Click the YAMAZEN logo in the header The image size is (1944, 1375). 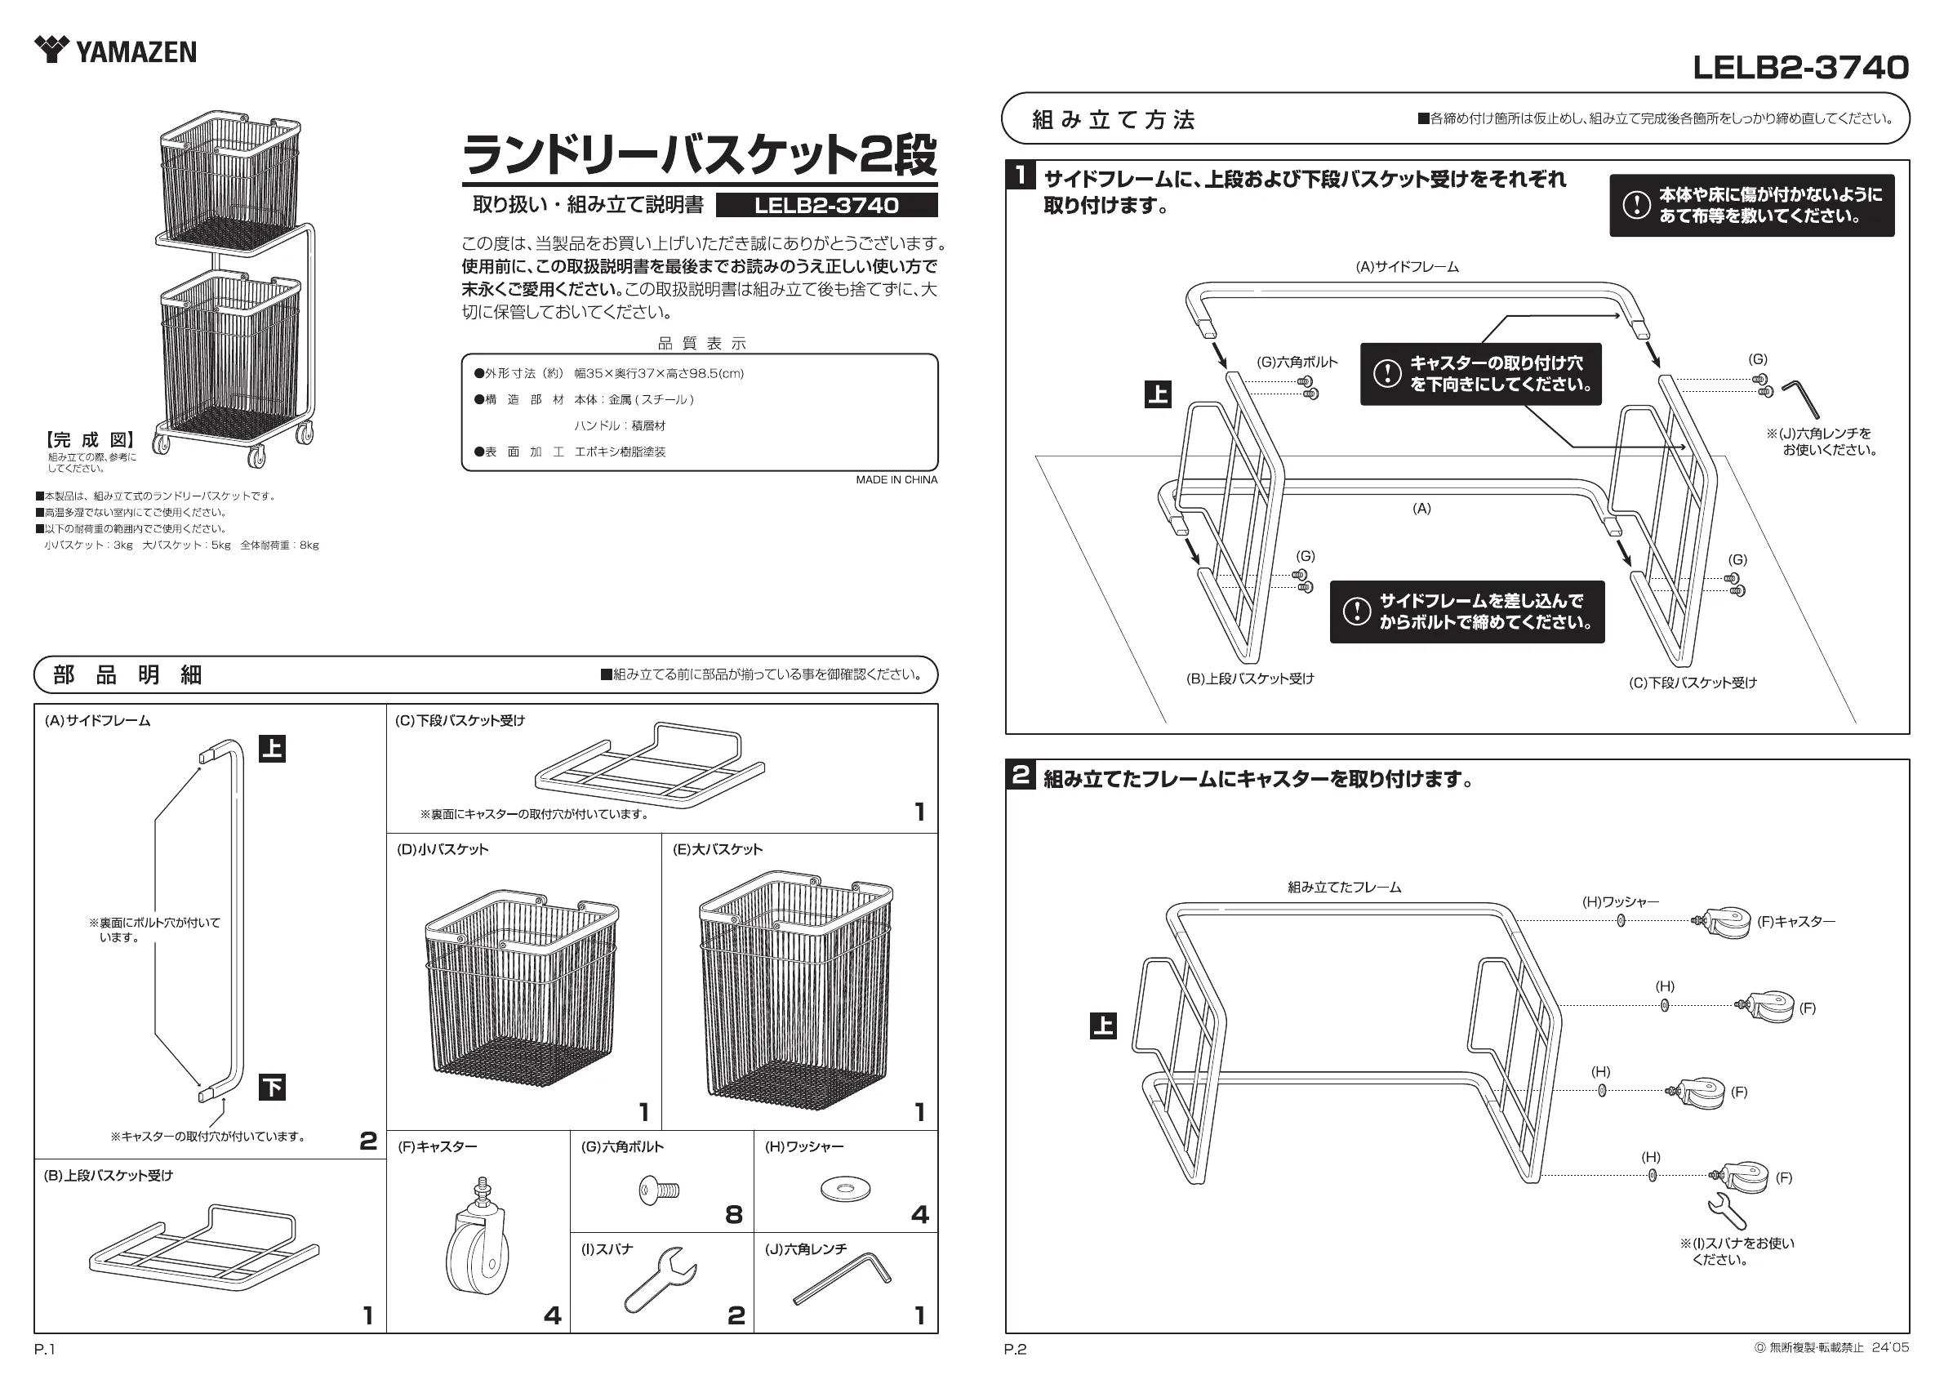[115, 51]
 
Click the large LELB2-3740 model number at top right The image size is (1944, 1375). [1800, 68]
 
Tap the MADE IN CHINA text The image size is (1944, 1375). [896, 480]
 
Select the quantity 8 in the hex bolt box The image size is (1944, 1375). [733, 1215]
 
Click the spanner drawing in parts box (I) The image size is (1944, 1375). [661, 1279]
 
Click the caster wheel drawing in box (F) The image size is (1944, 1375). [474, 1238]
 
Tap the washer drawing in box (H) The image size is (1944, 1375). [845, 1190]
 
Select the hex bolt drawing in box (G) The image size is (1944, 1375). [660, 1190]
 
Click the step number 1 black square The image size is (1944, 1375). [1022, 176]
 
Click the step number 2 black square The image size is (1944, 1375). [1021, 775]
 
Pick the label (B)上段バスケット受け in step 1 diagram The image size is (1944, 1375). [1250, 679]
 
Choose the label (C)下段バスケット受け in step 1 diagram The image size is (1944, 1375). [1693, 683]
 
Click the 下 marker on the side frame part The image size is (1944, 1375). [272, 1086]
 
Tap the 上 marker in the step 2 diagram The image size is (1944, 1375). [1102, 1026]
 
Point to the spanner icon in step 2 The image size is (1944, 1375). [1726, 1211]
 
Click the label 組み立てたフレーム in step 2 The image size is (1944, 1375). [1344, 888]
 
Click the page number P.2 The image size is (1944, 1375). [1014, 1350]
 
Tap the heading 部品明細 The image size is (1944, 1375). [127, 674]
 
